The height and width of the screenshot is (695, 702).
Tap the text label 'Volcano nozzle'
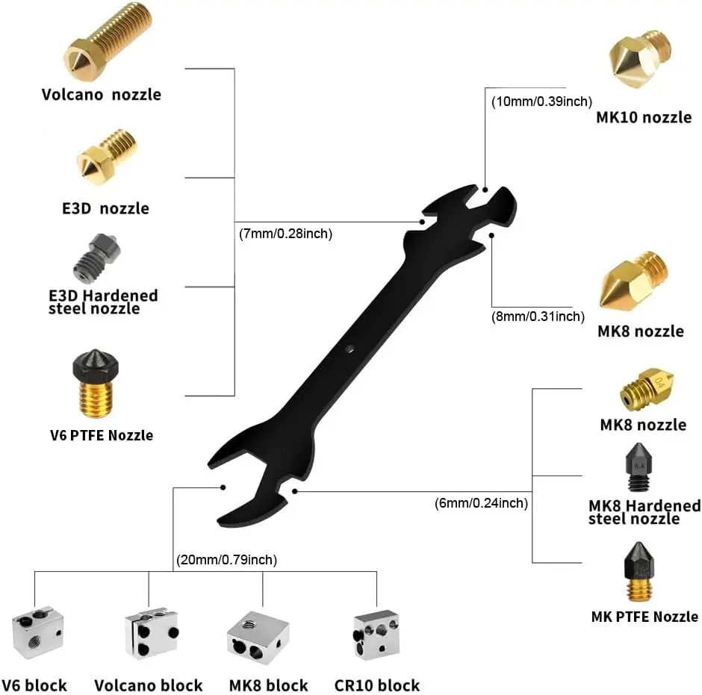(101, 95)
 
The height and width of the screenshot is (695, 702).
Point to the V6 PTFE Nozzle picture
(95, 384)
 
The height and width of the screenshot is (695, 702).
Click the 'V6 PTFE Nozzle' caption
(101, 434)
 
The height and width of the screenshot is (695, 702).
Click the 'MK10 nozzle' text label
(644, 117)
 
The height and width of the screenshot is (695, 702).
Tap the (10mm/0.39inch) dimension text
(541, 101)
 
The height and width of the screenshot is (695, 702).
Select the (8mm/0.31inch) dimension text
(538, 317)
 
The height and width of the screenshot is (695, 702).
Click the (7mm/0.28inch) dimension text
(285, 234)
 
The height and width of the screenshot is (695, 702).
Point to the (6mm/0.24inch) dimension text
(481, 503)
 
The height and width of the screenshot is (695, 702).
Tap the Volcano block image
(152, 633)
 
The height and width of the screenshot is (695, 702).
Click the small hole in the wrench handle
(350, 349)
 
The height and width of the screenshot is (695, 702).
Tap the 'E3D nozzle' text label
(105, 208)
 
